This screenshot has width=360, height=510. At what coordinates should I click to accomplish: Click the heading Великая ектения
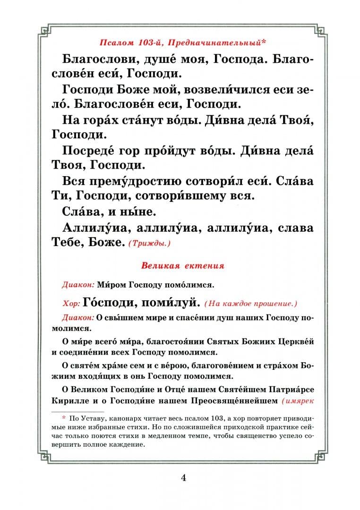(x=182, y=265)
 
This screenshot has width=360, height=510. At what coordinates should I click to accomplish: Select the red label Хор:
(x=70, y=302)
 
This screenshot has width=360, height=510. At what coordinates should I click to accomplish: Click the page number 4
(x=183, y=477)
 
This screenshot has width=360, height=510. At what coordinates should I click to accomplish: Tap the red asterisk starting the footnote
(x=63, y=418)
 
